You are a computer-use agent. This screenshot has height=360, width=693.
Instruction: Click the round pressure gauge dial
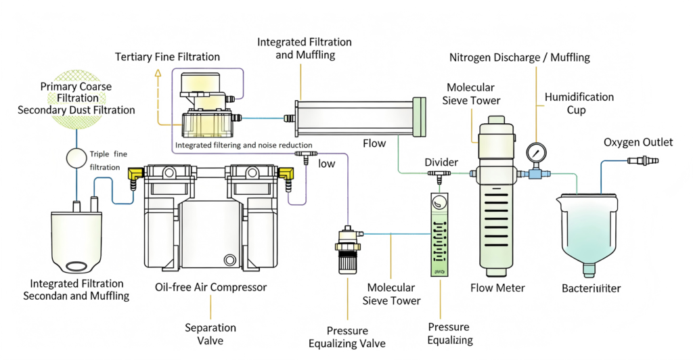coord(535,151)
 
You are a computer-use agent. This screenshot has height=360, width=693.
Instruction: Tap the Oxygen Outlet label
coord(638,142)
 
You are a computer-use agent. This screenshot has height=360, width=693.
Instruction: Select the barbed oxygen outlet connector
coord(642,160)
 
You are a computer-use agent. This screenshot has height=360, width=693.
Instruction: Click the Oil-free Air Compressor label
coord(210,287)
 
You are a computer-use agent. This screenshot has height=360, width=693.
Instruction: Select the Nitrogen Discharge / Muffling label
coord(519,58)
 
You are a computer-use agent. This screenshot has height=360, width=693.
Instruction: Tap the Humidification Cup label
coord(579,104)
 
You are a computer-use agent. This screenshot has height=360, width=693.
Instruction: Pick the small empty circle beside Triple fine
coord(76,159)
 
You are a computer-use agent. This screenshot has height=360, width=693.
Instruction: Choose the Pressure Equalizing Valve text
coord(348,337)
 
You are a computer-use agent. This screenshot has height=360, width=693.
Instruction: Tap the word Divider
coord(441,162)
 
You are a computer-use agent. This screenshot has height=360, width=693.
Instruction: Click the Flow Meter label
coord(497,288)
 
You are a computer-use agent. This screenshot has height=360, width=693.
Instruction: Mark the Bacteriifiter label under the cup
coord(591,288)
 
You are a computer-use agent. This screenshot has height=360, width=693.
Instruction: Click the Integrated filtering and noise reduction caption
coord(244,145)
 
